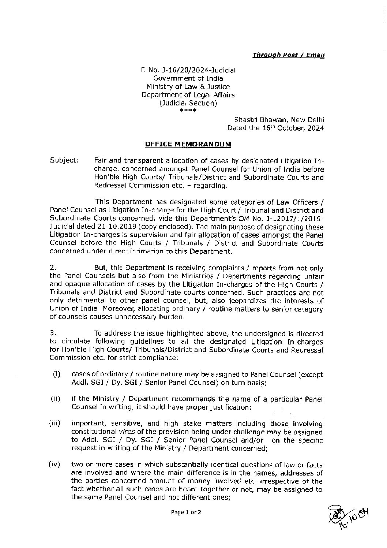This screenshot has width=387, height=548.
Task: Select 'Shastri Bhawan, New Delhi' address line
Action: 279,120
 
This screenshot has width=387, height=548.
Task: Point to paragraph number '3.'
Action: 53,333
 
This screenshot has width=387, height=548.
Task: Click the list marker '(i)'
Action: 56,374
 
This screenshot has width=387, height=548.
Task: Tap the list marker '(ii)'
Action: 55,399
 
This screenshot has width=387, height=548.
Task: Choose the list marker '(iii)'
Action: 55,424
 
